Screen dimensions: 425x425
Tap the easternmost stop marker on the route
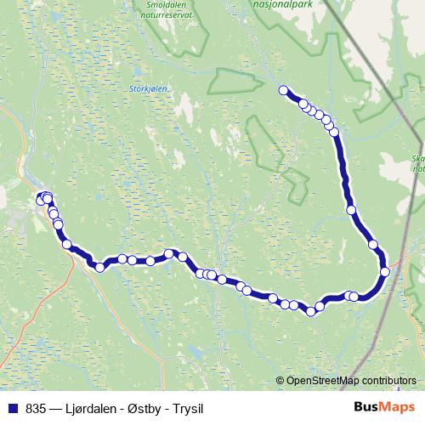(385, 271)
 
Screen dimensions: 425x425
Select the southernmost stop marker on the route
(311, 312)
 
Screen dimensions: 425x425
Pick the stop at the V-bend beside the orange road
(100, 267)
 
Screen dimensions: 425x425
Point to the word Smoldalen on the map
(152, 3)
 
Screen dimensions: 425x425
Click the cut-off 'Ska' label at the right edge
(417, 159)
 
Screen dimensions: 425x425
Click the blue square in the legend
(13, 408)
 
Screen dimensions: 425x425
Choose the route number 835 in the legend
(36, 408)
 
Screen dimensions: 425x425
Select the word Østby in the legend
(144, 408)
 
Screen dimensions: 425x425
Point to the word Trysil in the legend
(188, 408)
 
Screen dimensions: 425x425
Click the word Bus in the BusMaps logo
(366, 407)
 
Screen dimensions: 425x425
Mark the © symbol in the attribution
(280, 380)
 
